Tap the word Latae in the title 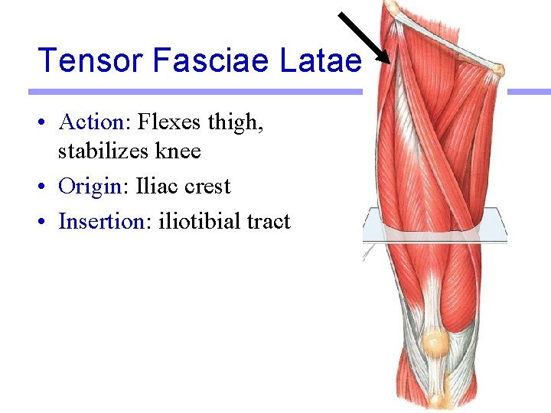[321, 60]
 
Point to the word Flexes [165, 122]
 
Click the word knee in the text [178, 151]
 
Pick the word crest [207, 187]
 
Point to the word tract [269, 223]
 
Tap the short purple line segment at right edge [529, 92]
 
